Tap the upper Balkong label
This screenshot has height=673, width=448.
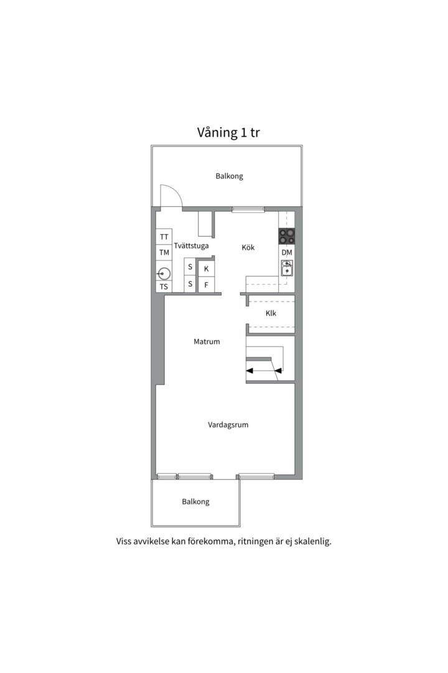click(229, 176)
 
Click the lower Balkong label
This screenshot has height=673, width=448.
click(195, 502)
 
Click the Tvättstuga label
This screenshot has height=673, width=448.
click(191, 246)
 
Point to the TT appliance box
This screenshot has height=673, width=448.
click(164, 237)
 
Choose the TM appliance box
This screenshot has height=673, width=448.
click(164, 252)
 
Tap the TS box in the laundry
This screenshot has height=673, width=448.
click(164, 287)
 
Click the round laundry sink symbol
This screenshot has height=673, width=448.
click(164, 272)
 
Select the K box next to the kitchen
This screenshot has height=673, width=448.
click(206, 269)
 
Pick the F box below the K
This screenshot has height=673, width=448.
click(206, 285)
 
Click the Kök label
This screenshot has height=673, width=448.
click(248, 247)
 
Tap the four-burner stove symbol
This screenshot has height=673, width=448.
click(286, 236)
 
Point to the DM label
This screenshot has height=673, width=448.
click(286, 252)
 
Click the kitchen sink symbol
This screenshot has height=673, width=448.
click(286, 268)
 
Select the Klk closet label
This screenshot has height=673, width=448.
click(271, 313)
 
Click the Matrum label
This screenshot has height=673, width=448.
click(207, 341)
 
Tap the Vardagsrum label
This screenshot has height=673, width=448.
click(228, 425)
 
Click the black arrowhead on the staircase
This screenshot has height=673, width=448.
click(250, 371)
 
